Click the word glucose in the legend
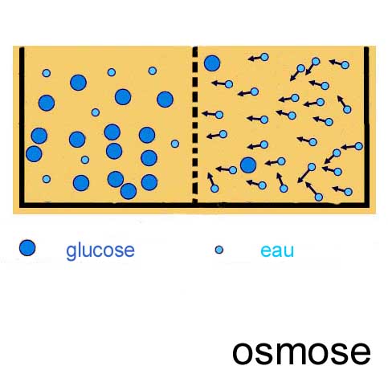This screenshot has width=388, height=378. [100, 250]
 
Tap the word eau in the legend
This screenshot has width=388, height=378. [277, 251]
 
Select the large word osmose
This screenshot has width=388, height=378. [301, 352]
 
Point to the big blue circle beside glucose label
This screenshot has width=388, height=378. [27, 248]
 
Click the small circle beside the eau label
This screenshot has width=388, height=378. [219, 250]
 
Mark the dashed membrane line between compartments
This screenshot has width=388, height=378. [195, 124]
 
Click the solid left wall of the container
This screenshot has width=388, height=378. [22, 126]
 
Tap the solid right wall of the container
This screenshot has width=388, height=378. [366, 126]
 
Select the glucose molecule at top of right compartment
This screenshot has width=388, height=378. [212, 63]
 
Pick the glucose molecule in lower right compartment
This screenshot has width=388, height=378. [248, 165]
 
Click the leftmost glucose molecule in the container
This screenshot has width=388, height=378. [34, 154]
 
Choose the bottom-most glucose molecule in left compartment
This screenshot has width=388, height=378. [129, 191]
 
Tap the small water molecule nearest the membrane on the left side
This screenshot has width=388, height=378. [175, 144]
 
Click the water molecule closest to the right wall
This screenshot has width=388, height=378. [359, 146]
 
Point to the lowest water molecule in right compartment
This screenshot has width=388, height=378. [319, 197]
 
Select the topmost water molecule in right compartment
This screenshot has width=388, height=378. [264, 57]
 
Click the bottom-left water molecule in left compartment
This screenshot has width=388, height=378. [47, 179]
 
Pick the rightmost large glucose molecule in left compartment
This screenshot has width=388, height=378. [165, 100]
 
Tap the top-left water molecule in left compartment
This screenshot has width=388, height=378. [47, 73]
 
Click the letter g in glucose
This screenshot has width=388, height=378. [71, 253]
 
